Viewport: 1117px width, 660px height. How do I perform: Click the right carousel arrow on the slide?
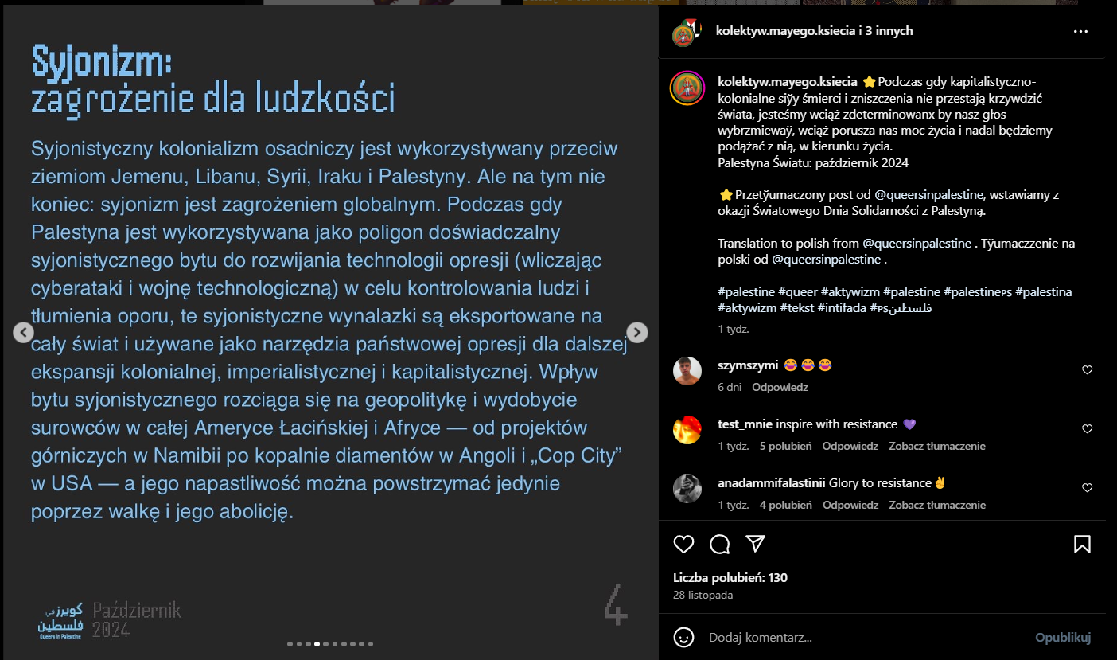(637, 332)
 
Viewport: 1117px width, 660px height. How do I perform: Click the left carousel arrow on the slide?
(24, 332)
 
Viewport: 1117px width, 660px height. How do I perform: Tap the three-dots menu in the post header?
(1080, 32)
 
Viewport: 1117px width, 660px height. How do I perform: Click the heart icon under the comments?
(683, 544)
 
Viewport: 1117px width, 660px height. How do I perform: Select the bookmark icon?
(1082, 544)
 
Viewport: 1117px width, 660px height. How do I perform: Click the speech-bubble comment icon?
(720, 544)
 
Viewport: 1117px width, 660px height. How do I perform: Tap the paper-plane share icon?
(756, 544)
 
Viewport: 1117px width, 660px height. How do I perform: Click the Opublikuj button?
(1062, 638)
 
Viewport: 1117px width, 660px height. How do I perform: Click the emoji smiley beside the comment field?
(683, 638)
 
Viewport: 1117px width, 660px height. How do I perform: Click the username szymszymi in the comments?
(747, 365)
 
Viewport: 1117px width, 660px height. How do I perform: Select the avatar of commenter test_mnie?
(687, 430)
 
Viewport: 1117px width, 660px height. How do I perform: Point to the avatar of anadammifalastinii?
(687, 489)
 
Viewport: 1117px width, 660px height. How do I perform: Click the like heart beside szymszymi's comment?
(1088, 370)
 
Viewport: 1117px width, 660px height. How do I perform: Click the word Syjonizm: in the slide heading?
(102, 60)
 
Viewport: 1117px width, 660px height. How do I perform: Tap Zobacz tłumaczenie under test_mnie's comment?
(937, 446)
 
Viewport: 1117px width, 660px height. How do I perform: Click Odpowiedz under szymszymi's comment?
(780, 387)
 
